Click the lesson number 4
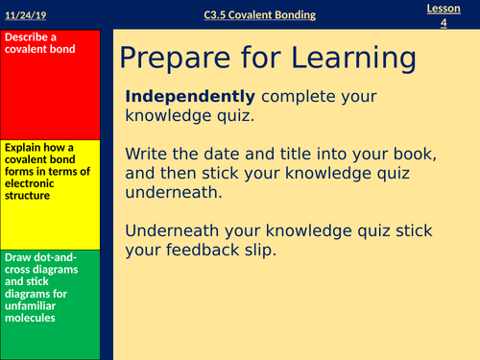[444, 21]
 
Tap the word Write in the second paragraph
[148, 154]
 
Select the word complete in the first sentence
[293, 97]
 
